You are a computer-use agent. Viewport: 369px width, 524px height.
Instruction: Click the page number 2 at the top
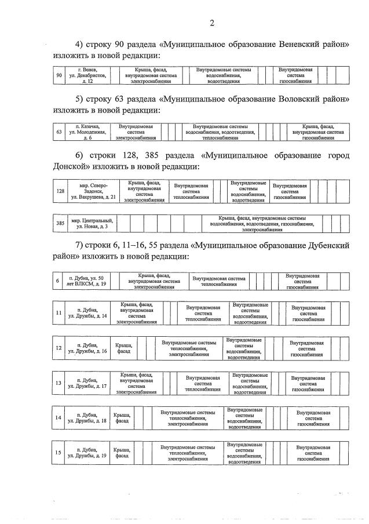coord(211,23)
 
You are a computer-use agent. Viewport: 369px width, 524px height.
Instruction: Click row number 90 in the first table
coord(59,75)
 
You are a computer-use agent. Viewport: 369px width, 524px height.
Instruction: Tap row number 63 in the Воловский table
coord(59,132)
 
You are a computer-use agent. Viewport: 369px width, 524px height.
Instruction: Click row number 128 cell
coord(60,191)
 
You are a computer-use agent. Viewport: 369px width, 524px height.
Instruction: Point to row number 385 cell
coord(60,223)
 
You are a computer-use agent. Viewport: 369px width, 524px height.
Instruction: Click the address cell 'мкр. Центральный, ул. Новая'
coord(93,223)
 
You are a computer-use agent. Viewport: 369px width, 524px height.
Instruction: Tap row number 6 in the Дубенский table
coord(57,282)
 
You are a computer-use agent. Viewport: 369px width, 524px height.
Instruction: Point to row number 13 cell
coord(59,383)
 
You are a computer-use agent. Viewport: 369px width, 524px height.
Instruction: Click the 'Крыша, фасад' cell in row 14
coord(122,418)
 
